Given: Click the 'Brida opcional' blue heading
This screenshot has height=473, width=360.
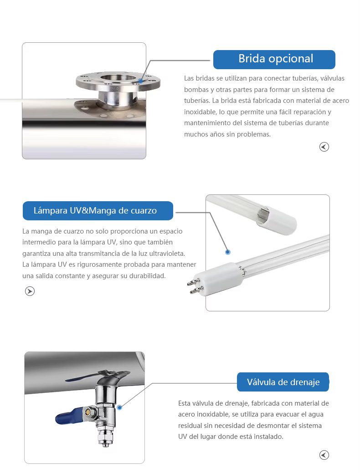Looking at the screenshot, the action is click(x=274, y=60).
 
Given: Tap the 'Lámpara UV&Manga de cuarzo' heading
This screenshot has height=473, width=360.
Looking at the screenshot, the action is click(x=98, y=211).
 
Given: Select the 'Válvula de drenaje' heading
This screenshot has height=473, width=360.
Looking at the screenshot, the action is click(x=283, y=382).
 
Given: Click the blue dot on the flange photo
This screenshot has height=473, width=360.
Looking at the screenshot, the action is click(x=140, y=81).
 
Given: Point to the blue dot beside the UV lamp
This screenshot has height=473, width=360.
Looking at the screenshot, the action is click(x=228, y=252).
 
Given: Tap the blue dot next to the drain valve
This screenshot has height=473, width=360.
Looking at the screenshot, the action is click(x=119, y=407).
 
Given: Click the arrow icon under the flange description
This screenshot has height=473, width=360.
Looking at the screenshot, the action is click(x=324, y=147).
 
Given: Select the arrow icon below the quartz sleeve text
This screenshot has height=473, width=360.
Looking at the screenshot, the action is click(x=30, y=291).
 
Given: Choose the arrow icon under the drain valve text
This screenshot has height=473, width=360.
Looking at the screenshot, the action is click(x=324, y=455).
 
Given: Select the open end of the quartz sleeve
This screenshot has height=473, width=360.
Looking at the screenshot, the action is click(x=262, y=214).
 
